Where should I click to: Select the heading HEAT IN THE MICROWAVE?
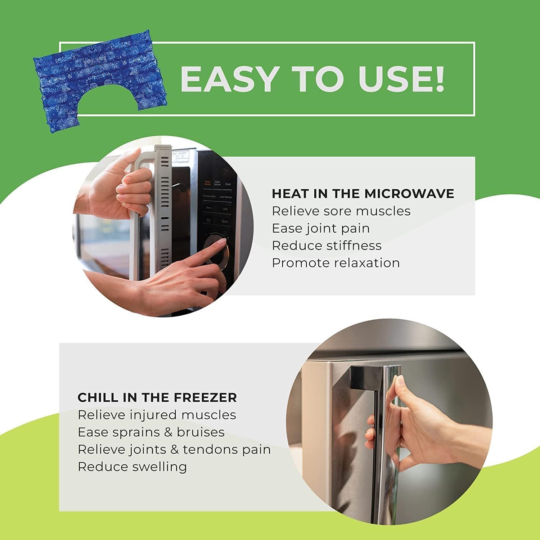click(363, 194)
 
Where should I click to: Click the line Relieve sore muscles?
click(341, 211)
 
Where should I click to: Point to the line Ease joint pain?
click(320, 228)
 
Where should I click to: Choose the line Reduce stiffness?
click(326, 246)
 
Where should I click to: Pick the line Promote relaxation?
click(336, 263)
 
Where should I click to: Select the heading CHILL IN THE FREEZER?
click(157, 397)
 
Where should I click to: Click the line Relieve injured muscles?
click(157, 415)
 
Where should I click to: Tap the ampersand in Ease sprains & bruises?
click(168, 432)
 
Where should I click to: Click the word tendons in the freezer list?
click(205, 449)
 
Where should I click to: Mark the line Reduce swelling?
click(132, 467)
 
